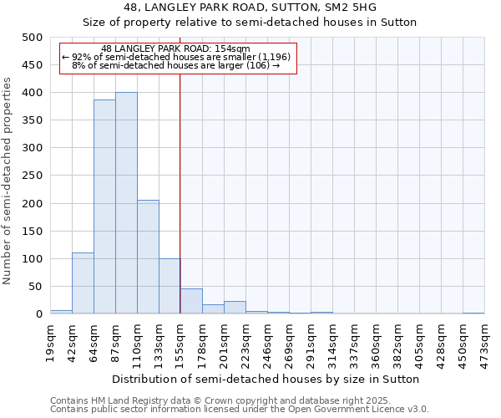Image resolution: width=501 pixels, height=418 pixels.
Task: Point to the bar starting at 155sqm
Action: [x=191, y=301]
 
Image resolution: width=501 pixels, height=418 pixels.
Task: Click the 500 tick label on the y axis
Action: [x=33, y=38]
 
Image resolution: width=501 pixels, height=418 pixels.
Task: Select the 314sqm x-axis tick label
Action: [x=332, y=343]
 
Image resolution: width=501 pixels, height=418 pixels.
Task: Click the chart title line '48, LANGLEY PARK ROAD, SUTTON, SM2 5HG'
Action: [x=250, y=8]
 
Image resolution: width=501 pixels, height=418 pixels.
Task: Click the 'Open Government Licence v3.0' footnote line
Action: [x=240, y=409]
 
